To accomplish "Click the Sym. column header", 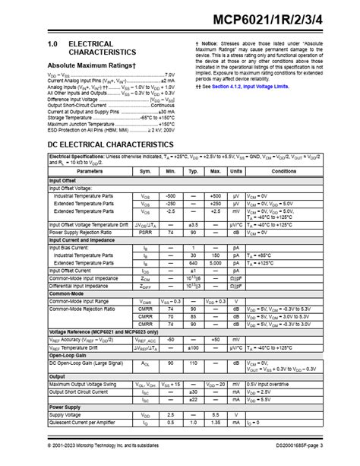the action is pyautogui.click(x=145, y=172).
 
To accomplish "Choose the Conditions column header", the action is pyautogui.click(x=283, y=172).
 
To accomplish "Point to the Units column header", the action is pyautogui.click(x=237, y=172).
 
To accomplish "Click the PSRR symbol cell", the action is pyautogui.click(x=145, y=231).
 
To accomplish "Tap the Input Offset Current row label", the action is pyautogui.click(x=71, y=270).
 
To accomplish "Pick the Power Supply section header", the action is pyautogui.click(x=65, y=407).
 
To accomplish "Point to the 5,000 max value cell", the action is pyautogui.click(x=215, y=263).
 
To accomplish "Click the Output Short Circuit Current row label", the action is pyautogui.click(x=82, y=392).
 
